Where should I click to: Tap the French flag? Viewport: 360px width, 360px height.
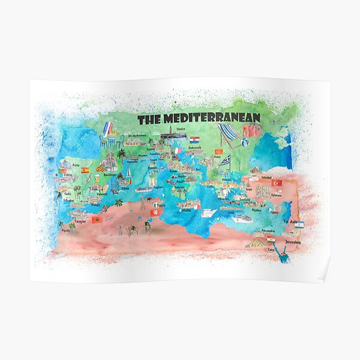(107, 128)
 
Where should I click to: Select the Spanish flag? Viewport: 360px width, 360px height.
(85, 170)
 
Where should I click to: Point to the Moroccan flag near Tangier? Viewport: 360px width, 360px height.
(96, 220)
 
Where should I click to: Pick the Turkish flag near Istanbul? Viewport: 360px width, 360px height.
(277, 182)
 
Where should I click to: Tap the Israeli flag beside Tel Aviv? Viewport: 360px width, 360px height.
(299, 225)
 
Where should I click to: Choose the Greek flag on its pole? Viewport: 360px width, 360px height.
(224, 160)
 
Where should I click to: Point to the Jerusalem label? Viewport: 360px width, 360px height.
(293, 242)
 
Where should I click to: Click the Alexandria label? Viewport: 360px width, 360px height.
(267, 230)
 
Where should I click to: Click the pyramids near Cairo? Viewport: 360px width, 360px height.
(256, 243)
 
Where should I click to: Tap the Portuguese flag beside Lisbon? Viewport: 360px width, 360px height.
(62, 172)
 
